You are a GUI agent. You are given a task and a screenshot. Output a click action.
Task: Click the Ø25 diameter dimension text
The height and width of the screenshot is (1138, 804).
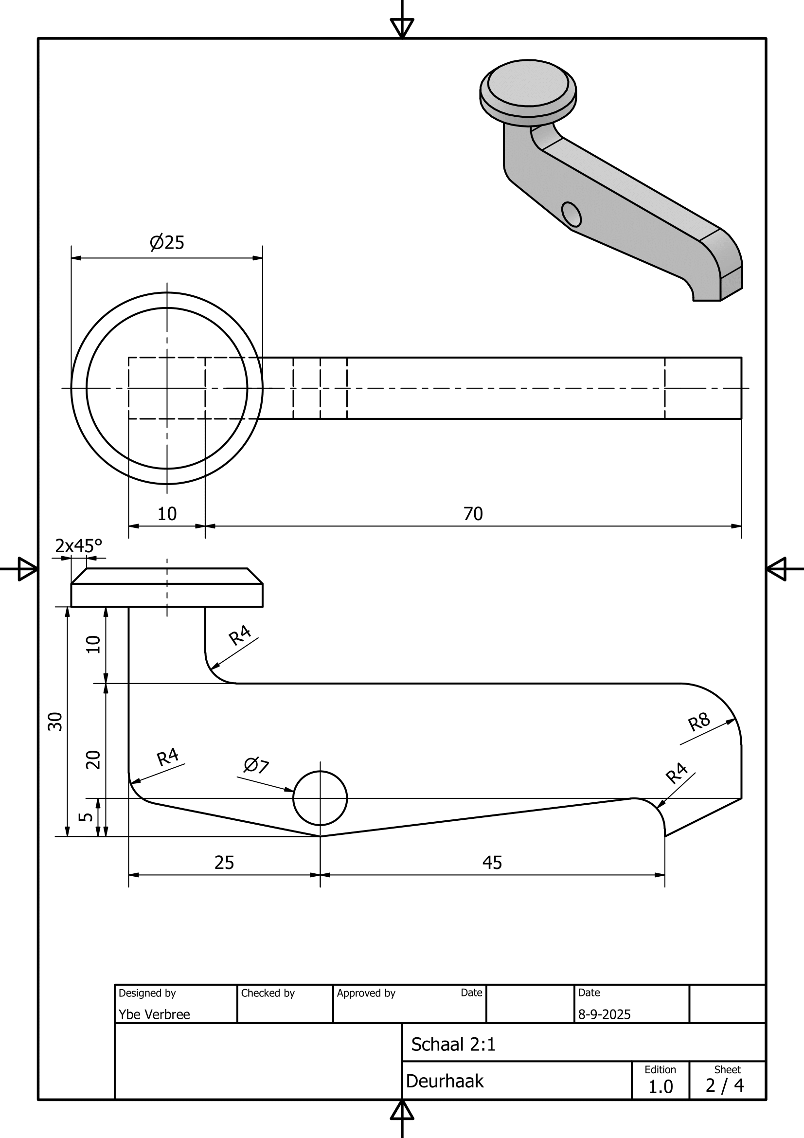click(167, 242)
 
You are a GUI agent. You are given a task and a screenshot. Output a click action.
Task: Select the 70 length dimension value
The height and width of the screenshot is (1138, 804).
click(473, 513)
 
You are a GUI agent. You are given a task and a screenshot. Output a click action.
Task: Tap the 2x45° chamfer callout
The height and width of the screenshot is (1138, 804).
click(79, 546)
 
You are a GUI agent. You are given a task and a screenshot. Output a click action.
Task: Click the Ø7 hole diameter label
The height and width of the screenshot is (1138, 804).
click(256, 765)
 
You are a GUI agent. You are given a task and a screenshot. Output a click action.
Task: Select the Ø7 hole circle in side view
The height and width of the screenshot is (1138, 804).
click(320, 798)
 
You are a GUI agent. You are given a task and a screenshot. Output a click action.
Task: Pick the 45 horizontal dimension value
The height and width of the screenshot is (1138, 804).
click(492, 863)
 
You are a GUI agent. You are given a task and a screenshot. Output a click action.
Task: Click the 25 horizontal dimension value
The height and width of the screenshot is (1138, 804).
click(224, 863)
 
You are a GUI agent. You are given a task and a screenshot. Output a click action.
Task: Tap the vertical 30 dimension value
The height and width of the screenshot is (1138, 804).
click(55, 721)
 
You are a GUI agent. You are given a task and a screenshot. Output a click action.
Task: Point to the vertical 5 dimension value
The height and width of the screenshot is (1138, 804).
click(86, 816)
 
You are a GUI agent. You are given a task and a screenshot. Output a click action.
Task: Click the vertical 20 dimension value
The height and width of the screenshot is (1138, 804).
click(93, 760)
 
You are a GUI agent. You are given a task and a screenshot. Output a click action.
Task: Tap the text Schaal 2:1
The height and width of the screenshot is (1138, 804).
click(453, 1044)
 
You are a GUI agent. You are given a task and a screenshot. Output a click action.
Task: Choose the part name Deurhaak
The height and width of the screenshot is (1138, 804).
click(445, 1081)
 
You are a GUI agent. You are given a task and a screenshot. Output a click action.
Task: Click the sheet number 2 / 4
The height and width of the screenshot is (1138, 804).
click(725, 1085)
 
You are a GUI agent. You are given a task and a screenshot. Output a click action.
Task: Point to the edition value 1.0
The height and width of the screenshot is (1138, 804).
click(661, 1086)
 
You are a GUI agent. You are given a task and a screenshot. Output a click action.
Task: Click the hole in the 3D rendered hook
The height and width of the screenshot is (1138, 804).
click(572, 214)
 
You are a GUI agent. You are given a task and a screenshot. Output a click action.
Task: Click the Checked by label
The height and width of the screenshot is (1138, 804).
click(268, 993)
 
